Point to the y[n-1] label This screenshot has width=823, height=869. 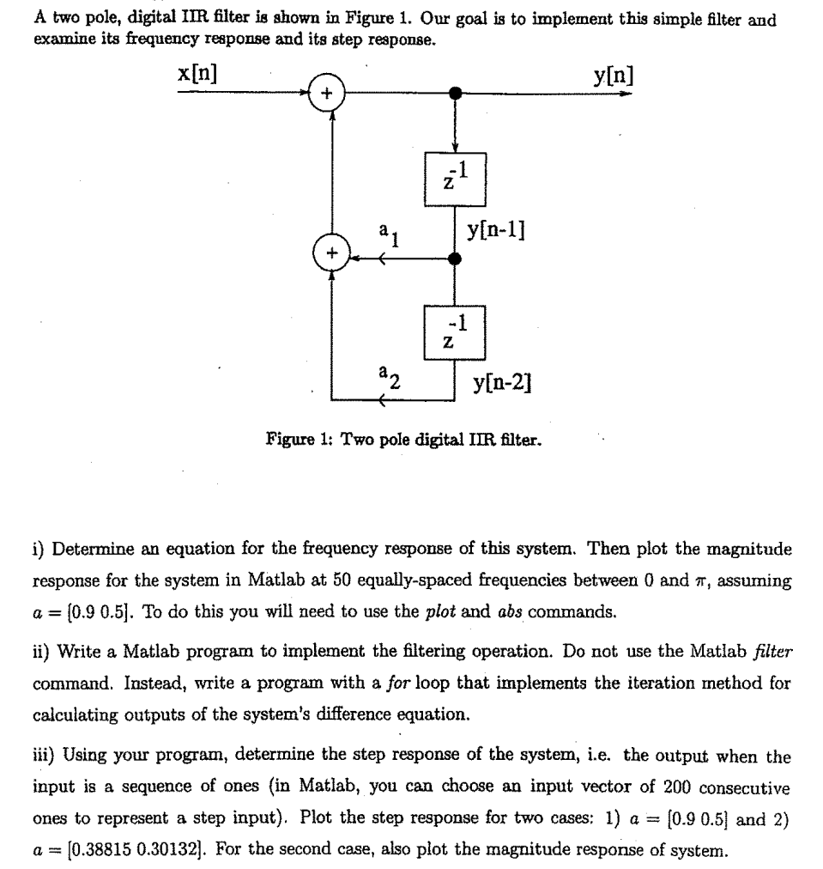[x=497, y=231]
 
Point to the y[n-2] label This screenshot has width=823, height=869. [x=504, y=380]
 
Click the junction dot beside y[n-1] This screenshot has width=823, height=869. [x=456, y=256]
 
